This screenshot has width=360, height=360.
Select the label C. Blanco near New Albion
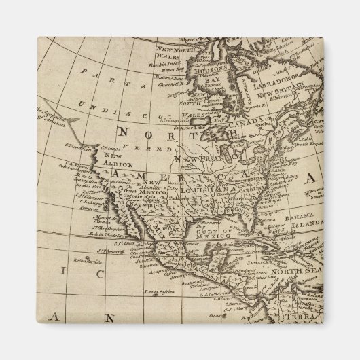point(110,147)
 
